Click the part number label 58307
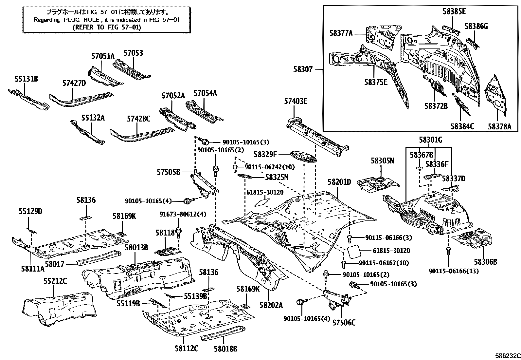(303, 69)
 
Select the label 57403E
(296, 101)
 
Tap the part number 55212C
(55, 281)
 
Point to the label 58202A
(271, 305)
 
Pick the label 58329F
(265, 154)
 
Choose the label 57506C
(344, 323)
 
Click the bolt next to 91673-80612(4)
(178, 233)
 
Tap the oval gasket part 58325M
(245, 177)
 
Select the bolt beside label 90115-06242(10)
(235, 169)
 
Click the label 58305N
(382, 161)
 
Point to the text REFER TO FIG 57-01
(107, 27)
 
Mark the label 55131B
(26, 79)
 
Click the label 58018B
(225, 349)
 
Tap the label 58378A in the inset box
(500, 126)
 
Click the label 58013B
(136, 247)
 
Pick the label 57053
(133, 53)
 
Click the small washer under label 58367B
(419, 168)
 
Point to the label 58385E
(454, 12)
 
